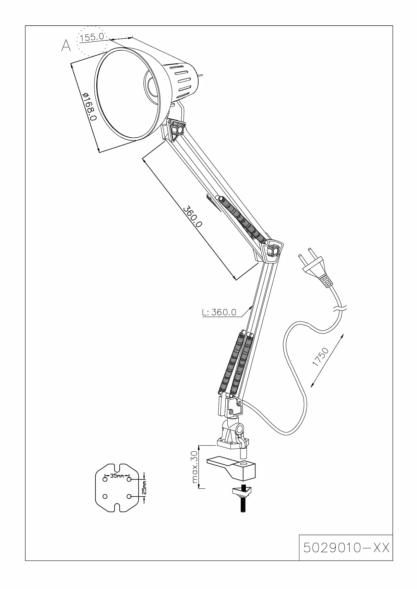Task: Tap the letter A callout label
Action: [66, 46]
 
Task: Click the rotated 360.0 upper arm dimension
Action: [193, 217]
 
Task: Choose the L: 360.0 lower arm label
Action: [219, 312]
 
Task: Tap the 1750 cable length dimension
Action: [321, 357]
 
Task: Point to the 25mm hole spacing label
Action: [144, 487]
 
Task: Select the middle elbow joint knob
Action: [274, 250]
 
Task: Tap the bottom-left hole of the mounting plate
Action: [105, 496]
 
